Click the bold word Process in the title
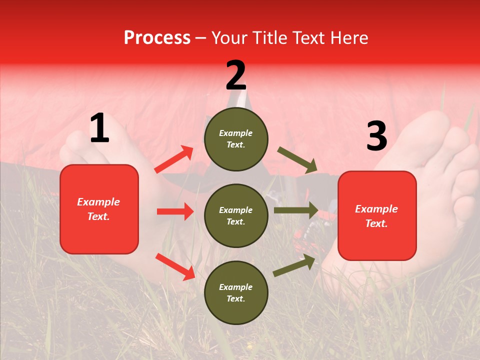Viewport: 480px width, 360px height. click(157, 37)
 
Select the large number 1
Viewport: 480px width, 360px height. click(99, 128)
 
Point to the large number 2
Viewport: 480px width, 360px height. click(236, 75)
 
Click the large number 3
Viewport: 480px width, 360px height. click(376, 136)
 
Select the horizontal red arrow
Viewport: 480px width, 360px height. click(175, 211)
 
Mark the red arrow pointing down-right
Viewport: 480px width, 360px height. click(175, 266)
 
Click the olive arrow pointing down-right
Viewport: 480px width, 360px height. click(297, 160)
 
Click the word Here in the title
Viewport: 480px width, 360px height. click(350, 37)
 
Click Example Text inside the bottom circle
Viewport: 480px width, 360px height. click(236, 293)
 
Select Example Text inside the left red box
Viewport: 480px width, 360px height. click(99, 209)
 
